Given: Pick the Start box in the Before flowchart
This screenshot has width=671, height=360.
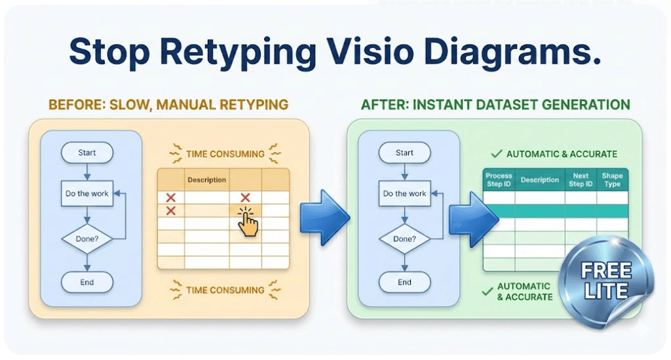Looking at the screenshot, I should pos(87,153).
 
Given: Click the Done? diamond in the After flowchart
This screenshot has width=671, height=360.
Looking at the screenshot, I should pos(404,239).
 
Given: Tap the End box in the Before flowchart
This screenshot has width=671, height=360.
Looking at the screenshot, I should pos(87,283).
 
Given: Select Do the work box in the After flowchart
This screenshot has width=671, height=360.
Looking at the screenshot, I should pos(404,193).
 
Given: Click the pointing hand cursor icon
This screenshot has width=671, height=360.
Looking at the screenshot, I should pos(247,222).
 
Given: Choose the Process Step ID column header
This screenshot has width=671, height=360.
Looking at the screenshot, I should pos(499,180).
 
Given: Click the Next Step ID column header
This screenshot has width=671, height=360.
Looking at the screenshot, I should pos(581,180).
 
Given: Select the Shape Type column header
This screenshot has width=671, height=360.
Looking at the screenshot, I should pos(612,180).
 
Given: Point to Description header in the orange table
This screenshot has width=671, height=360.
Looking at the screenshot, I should pos(206,180).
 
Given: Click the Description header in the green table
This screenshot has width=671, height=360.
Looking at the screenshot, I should pos(539,180).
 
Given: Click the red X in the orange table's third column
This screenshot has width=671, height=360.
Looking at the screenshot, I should pos(245,197).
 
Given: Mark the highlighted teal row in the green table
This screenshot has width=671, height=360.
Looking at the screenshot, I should pos(556,211).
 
